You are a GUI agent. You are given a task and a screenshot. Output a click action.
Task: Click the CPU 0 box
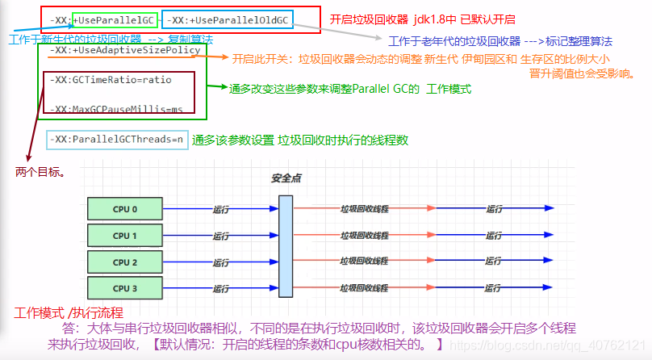click(x=125, y=210)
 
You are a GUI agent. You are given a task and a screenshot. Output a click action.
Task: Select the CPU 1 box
click(x=125, y=236)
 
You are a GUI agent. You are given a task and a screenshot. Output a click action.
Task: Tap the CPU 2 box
click(x=125, y=262)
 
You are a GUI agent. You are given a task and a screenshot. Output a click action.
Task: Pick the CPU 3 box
click(x=125, y=288)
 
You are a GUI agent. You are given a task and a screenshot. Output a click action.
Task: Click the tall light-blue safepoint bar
click(x=285, y=249)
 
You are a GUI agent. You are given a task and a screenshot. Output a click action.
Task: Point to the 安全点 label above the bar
click(x=286, y=178)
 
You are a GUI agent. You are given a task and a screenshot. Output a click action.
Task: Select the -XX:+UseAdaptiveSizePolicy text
click(x=124, y=50)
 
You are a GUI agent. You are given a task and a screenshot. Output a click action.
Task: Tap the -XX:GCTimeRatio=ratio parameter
click(x=110, y=80)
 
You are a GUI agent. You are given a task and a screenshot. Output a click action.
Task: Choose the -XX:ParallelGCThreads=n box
click(x=116, y=140)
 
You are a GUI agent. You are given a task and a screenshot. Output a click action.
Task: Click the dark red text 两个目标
click(x=40, y=172)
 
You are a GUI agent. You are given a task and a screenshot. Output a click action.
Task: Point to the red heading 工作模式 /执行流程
click(x=69, y=312)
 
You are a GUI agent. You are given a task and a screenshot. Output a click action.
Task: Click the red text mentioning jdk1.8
click(x=422, y=19)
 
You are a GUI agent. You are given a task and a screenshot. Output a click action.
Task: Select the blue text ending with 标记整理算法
click(x=500, y=40)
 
